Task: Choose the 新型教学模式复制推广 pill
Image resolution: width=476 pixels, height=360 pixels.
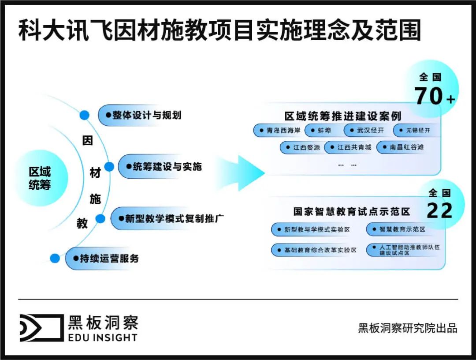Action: [170, 218]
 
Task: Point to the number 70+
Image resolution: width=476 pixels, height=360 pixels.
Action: [434, 96]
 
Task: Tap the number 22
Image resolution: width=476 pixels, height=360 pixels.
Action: [439, 211]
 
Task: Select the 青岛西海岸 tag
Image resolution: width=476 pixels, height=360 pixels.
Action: [279, 131]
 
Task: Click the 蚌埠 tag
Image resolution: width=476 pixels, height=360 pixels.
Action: [323, 131]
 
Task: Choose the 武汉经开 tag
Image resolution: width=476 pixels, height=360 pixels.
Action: [367, 131]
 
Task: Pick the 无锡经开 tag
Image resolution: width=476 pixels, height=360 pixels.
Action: [416, 131]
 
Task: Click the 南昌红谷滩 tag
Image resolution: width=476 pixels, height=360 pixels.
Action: [402, 147]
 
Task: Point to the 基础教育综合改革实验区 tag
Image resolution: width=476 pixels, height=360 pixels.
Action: [315, 250]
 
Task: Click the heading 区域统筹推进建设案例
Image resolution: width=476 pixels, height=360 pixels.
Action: [343, 116]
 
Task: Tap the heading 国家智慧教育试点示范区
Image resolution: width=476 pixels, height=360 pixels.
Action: [352, 211]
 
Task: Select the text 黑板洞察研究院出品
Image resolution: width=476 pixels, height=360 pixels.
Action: [407, 328]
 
